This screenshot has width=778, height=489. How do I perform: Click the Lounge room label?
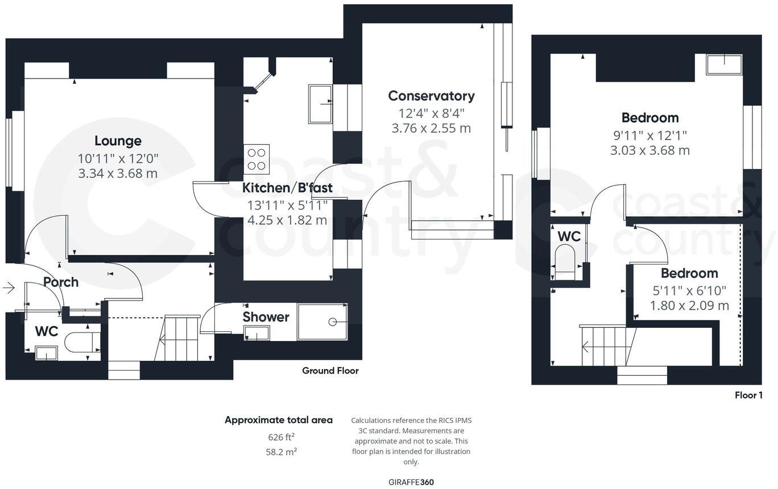click(118, 141)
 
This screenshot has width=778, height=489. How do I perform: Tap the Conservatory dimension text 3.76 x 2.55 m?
click(431, 128)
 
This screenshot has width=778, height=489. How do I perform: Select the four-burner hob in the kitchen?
click(256, 159)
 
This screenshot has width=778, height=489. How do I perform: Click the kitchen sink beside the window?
click(320, 104)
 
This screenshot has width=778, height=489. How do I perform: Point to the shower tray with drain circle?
click(322, 322)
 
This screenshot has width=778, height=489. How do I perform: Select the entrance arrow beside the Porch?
click(9, 287)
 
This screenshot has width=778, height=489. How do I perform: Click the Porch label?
click(61, 282)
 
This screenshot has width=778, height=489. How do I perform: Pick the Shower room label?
click(266, 317)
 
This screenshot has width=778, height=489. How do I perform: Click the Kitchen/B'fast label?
click(287, 188)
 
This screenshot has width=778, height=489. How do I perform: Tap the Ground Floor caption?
click(330, 371)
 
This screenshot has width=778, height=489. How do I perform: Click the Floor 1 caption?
click(748, 395)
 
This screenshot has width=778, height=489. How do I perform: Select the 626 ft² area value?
click(281, 437)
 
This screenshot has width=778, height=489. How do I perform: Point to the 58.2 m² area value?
click(281, 451)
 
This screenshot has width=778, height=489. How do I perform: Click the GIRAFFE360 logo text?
click(411, 482)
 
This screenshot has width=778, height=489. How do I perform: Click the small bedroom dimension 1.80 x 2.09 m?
click(689, 306)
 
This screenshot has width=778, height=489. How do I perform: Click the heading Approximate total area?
click(278, 420)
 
